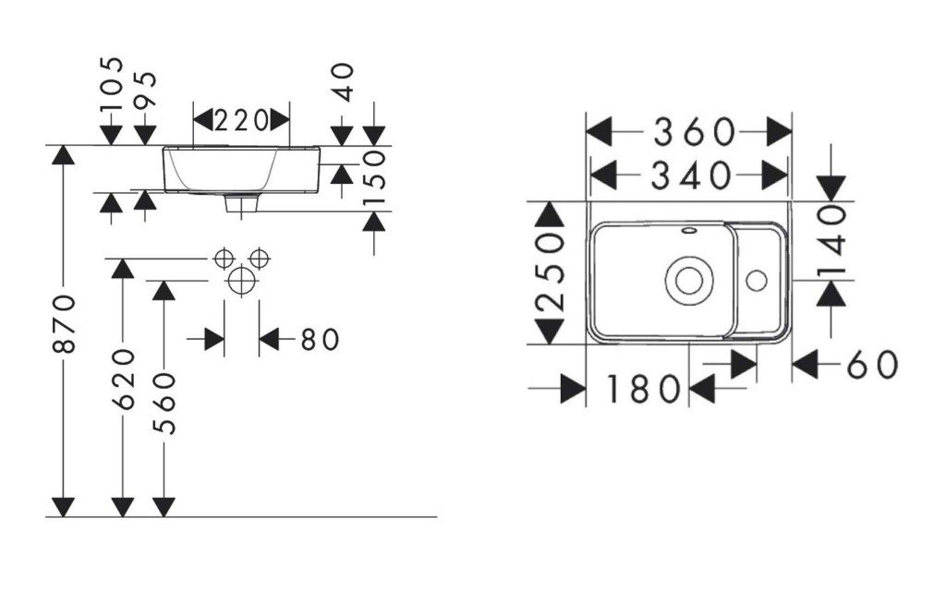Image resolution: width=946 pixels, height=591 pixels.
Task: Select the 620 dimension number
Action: [124, 380]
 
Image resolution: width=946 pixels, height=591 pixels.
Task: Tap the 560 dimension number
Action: [164, 404]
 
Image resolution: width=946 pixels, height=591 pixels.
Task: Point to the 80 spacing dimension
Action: [320, 340]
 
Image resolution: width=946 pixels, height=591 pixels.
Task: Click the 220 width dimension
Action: [241, 121]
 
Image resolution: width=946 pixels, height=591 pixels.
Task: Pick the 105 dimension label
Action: [112, 83]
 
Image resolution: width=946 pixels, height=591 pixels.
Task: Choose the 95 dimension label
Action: [145, 90]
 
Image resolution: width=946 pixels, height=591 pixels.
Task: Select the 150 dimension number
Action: [374, 178]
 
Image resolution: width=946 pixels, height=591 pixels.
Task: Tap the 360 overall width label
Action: [695, 132]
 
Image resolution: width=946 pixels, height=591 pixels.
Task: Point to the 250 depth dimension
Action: [551, 272]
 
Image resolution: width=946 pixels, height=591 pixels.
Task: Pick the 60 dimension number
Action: [873, 364]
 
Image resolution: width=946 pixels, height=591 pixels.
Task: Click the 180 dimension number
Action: [643, 389]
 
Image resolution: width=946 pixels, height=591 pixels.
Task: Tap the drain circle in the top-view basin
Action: [689, 280]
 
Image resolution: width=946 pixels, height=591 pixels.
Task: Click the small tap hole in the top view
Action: [757, 281]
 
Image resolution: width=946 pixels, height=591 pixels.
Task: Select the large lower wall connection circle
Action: [241, 281]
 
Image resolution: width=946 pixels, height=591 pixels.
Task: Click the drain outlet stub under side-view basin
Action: [241, 202]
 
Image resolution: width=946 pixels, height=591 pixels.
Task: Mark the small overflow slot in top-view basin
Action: [689, 230]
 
